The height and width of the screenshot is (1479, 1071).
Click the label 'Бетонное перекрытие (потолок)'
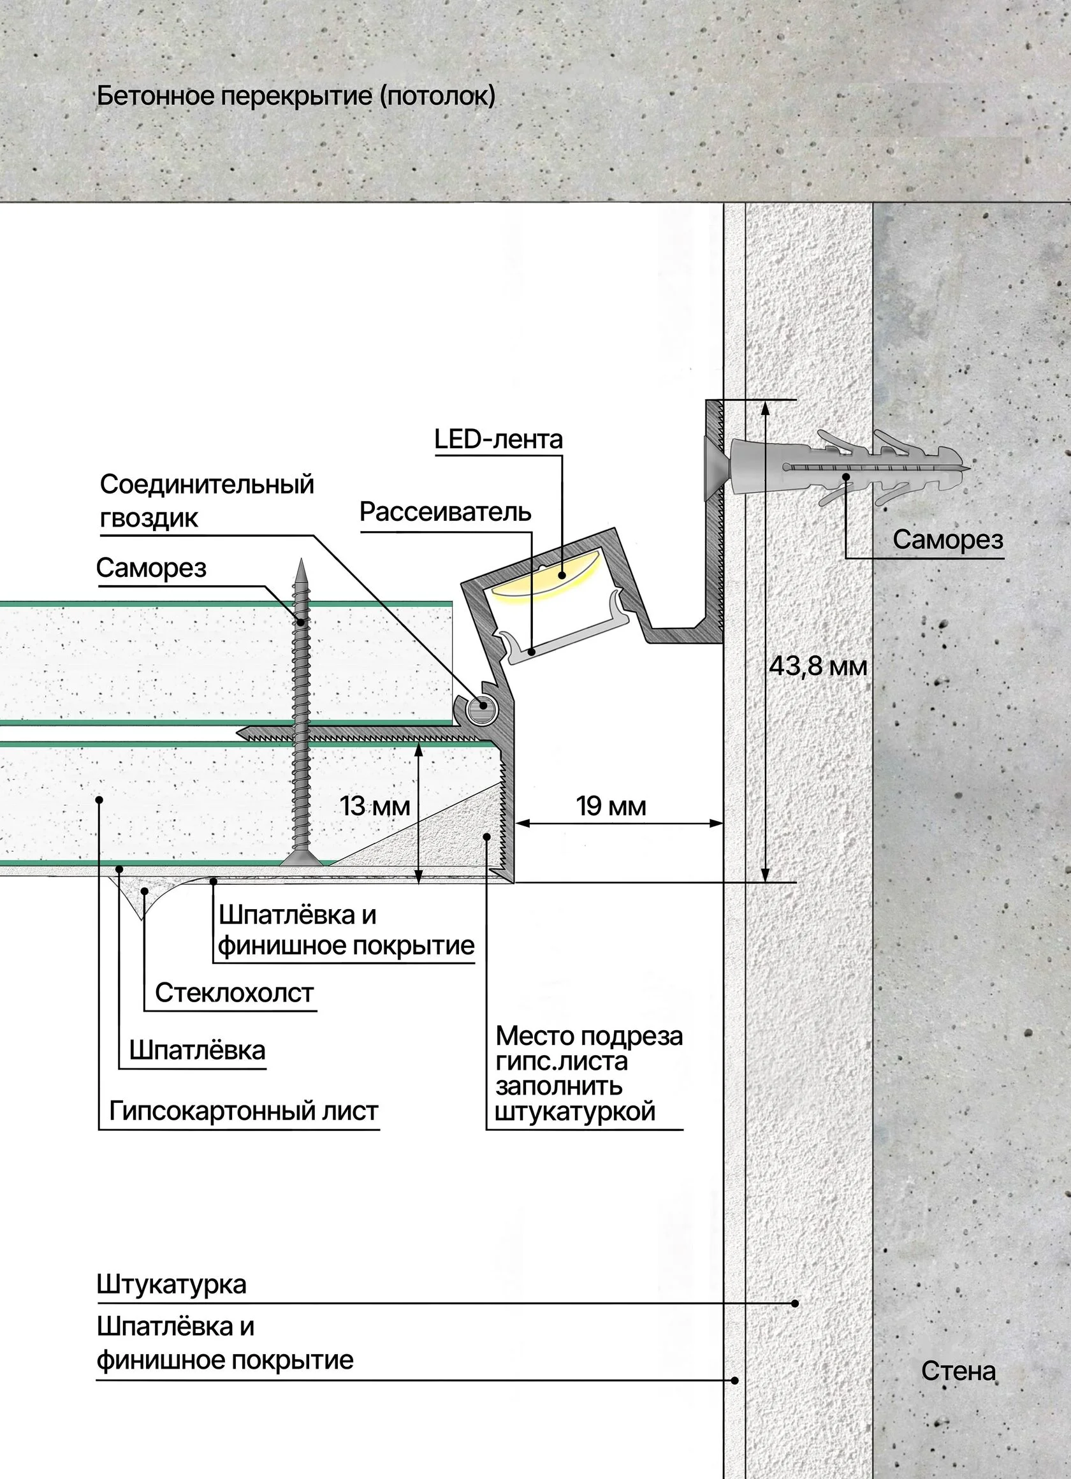point(295,96)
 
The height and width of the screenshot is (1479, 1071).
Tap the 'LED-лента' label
point(499,439)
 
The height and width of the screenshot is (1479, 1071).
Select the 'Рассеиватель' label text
point(446,512)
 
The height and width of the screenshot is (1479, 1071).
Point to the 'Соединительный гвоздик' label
point(207,501)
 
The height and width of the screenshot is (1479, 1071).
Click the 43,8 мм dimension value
point(818,666)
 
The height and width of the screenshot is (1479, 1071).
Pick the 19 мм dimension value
point(611,806)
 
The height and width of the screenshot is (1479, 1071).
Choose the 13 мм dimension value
point(374,806)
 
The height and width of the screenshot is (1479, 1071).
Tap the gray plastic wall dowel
point(841,467)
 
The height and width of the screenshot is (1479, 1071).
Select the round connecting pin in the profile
point(484,704)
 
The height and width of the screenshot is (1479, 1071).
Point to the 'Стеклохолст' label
point(234,993)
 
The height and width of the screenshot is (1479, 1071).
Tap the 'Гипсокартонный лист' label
point(244,1111)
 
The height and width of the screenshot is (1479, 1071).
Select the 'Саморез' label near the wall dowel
point(948,539)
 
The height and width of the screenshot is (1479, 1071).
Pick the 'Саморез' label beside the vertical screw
point(151,568)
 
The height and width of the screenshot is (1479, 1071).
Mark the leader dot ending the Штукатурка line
point(794,1304)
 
